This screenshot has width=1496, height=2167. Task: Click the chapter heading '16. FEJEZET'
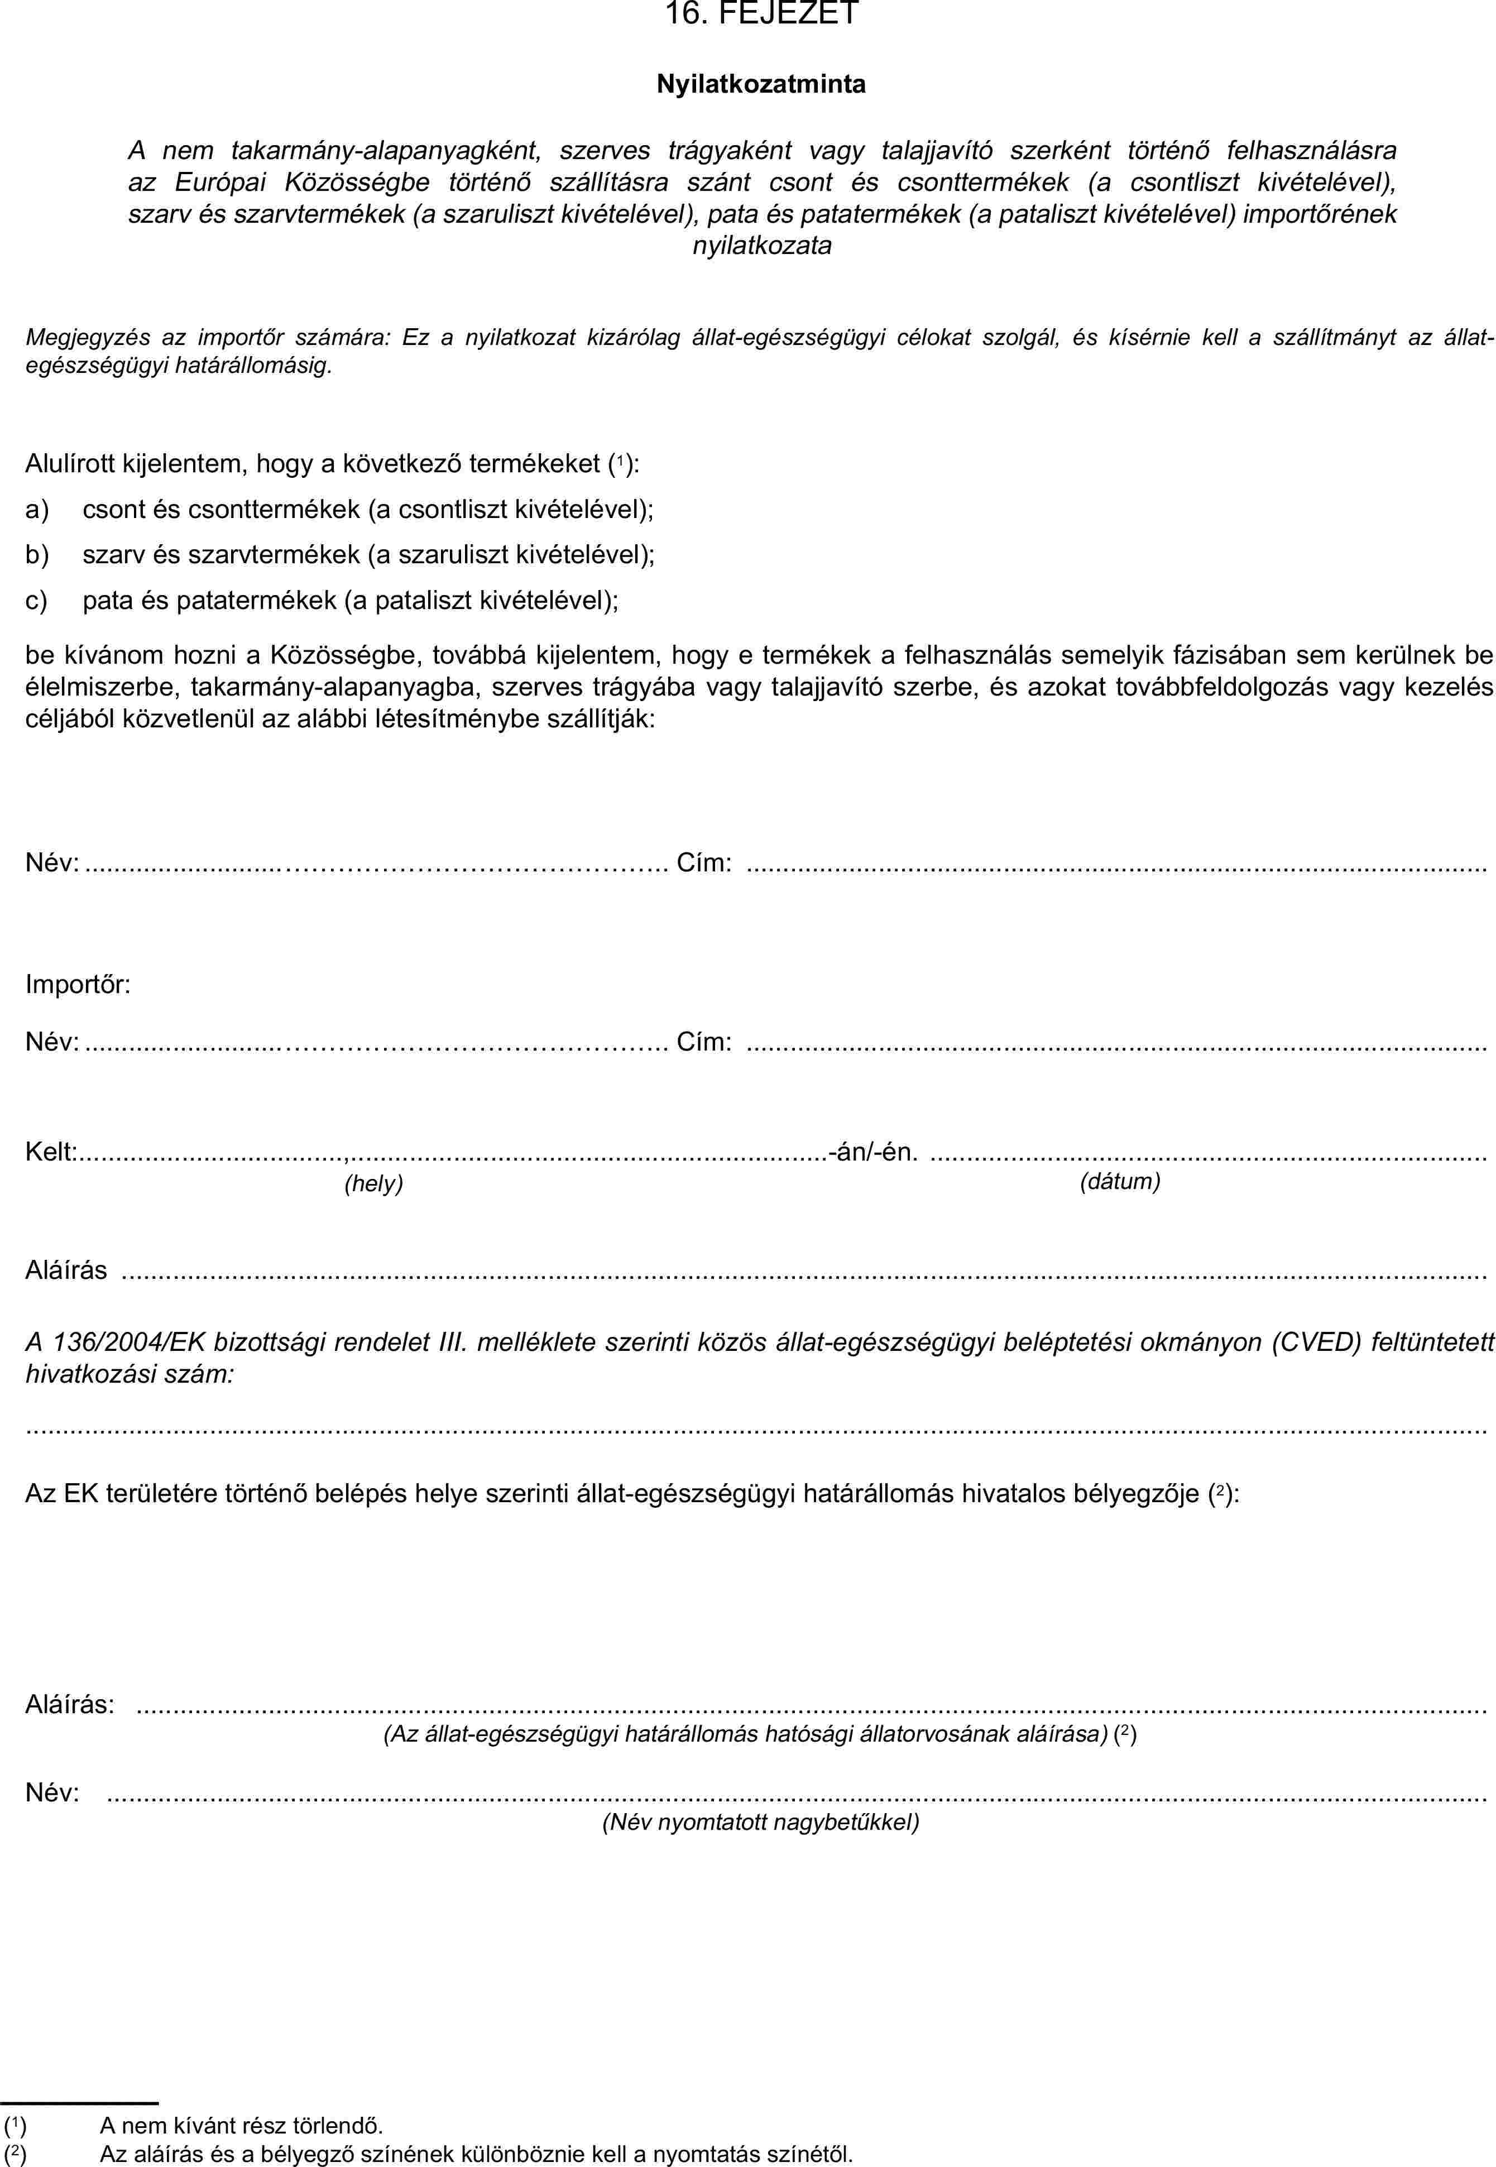pyautogui.click(x=761, y=13)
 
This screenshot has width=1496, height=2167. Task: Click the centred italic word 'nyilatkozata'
pyautogui.click(x=761, y=247)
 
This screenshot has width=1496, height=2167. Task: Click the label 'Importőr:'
pyautogui.click(x=78, y=984)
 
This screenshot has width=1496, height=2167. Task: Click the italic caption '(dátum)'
pyautogui.click(x=1120, y=1181)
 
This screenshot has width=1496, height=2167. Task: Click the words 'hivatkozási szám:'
pyautogui.click(x=130, y=1374)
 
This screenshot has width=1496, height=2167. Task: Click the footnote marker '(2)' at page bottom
pyautogui.click(x=15, y=2153)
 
